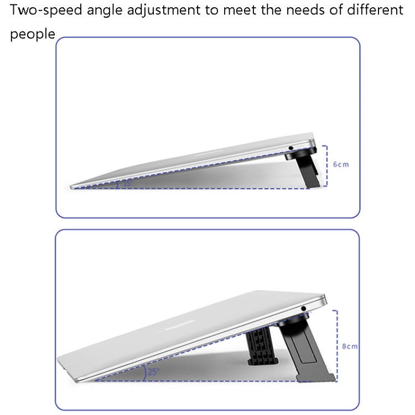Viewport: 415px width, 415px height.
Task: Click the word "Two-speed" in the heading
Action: [46, 11]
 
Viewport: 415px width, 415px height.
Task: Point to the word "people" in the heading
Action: [33, 34]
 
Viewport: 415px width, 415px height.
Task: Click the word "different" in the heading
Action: [375, 10]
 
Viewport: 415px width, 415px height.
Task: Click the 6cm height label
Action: [341, 164]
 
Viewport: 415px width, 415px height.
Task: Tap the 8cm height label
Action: [350, 346]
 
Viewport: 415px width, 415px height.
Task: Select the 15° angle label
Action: [128, 183]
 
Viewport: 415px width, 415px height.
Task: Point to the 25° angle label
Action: [153, 372]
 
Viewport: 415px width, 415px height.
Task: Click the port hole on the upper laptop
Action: [291, 148]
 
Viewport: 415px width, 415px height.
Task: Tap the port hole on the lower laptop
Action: [304, 308]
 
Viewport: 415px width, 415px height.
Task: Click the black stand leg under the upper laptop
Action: [307, 169]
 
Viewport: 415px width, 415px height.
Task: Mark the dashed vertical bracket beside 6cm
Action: [326, 166]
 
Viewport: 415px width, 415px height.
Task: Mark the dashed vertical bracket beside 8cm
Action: [336, 345]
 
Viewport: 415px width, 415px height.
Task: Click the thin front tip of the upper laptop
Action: [71, 187]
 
